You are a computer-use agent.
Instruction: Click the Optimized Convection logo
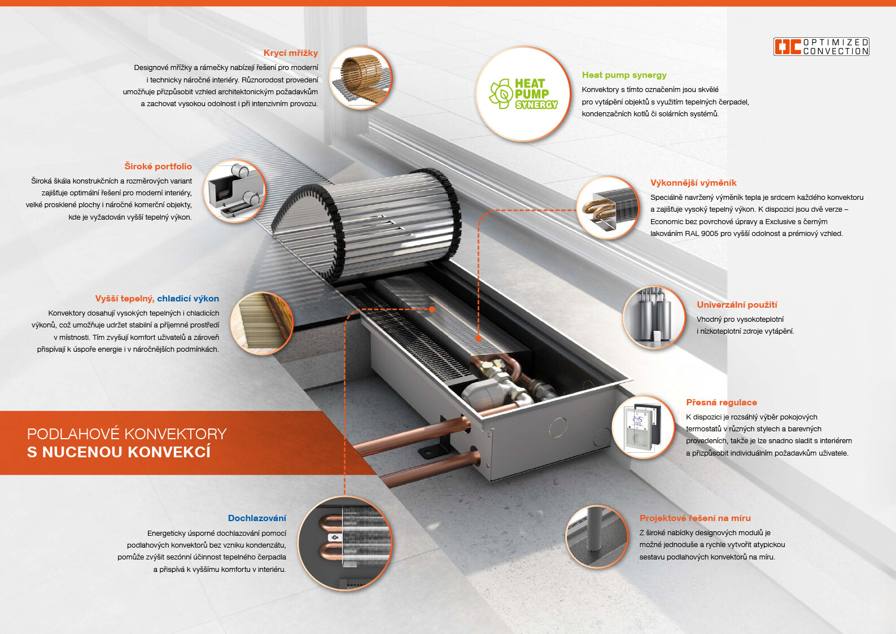click(x=821, y=46)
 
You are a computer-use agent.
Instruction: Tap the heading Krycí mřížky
click(x=291, y=53)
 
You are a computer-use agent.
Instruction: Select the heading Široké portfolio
click(x=158, y=166)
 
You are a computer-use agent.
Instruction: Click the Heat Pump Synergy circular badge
click(x=523, y=94)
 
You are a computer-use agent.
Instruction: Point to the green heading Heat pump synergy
click(x=624, y=75)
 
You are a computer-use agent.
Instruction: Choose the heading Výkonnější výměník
click(x=693, y=183)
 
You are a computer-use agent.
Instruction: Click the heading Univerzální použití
click(x=737, y=305)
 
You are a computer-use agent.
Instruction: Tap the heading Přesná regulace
click(x=722, y=403)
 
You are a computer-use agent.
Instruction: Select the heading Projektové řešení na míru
click(x=695, y=518)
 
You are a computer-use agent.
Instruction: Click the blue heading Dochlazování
click(x=257, y=518)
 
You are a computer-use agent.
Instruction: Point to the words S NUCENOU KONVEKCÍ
click(x=119, y=452)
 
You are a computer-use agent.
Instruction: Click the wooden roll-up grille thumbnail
click(x=361, y=77)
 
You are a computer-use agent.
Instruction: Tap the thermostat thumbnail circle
click(x=643, y=427)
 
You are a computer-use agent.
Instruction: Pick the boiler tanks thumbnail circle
click(x=654, y=318)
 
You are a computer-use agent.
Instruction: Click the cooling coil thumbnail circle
click(x=345, y=543)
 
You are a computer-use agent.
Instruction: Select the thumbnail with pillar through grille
click(x=597, y=537)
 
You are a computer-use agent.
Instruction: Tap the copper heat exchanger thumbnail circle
click(x=608, y=208)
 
